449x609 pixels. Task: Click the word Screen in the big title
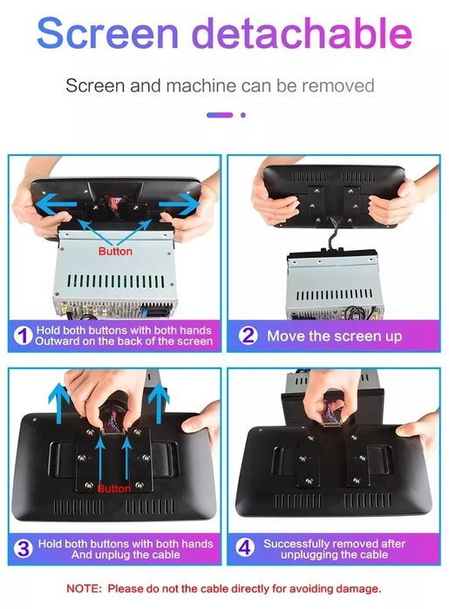coord(108,33)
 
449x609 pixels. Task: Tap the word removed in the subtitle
coord(337,85)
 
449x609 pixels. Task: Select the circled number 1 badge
coord(23,335)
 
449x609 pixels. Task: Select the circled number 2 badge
coord(248,335)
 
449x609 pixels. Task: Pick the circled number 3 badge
coord(24,548)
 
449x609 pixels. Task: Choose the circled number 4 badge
coord(245,548)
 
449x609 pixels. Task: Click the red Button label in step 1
coord(115,251)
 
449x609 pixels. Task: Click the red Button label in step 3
coord(114,488)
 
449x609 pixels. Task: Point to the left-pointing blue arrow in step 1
coord(57,204)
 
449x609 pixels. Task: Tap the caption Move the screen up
coord(334,336)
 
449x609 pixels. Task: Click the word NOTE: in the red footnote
coord(84,588)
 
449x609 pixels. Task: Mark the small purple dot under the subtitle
coord(243,115)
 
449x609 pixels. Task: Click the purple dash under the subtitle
coord(220,115)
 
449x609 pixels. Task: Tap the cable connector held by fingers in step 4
coord(332,419)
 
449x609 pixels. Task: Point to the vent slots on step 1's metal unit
coord(116,281)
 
